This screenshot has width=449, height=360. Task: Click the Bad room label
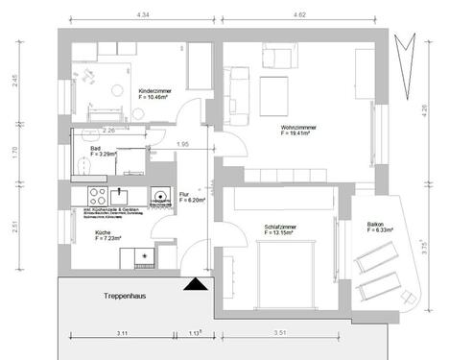click(95, 149)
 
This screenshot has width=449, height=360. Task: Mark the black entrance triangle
click(196, 282)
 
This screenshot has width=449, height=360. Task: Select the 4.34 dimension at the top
click(143, 16)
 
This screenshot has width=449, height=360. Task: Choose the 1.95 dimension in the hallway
click(184, 143)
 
